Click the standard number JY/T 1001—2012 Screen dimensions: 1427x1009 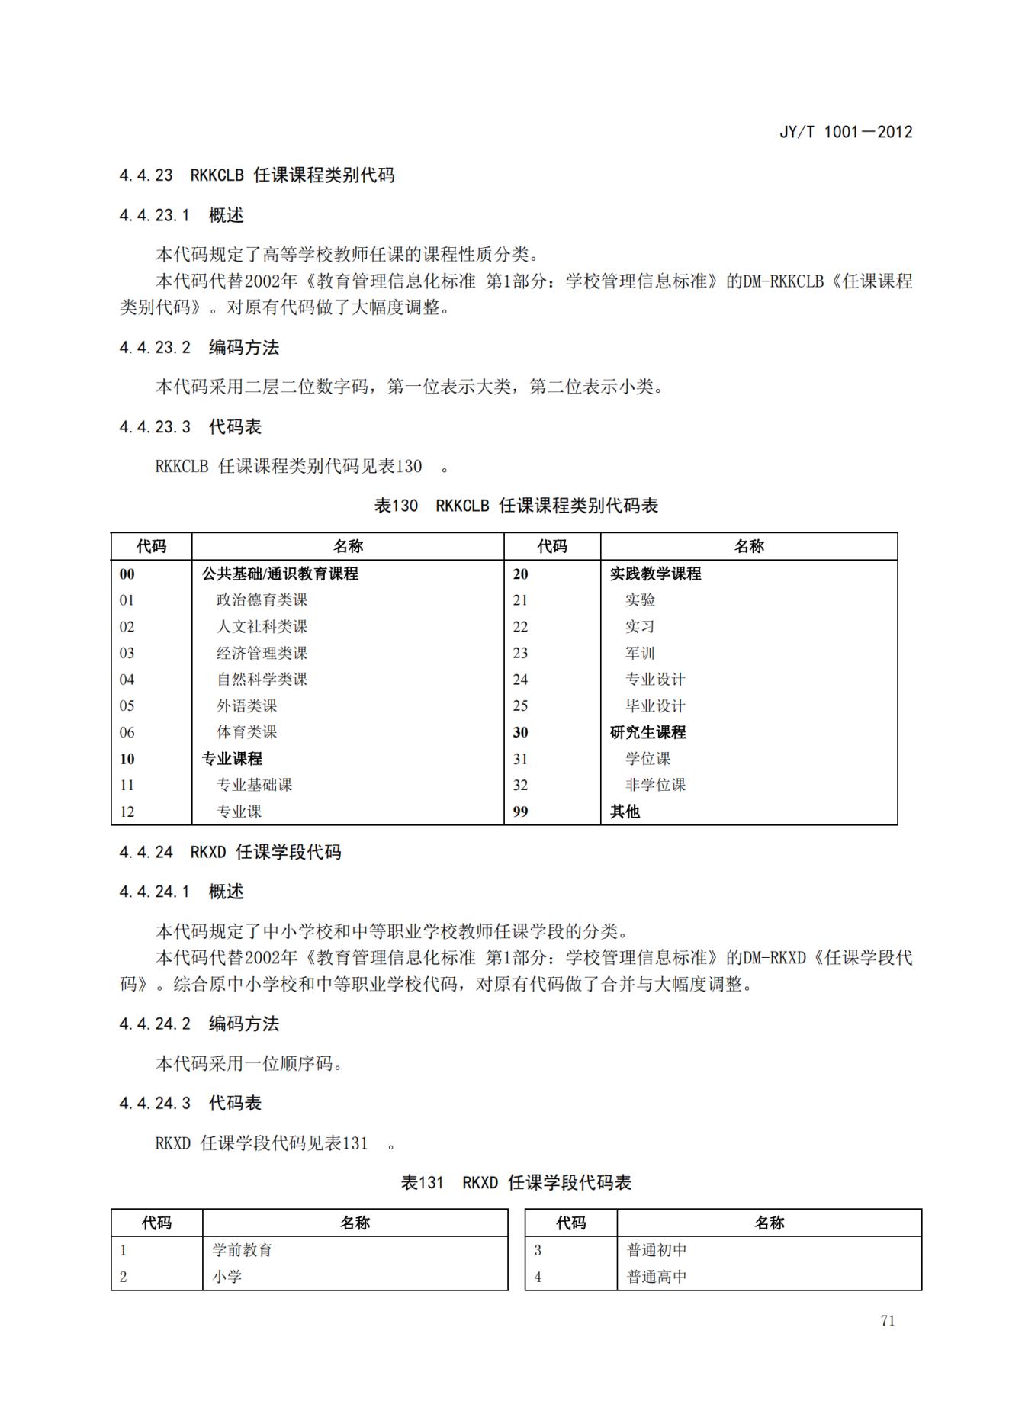[x=845, y=132]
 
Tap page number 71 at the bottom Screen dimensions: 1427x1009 [x=887, y=1321]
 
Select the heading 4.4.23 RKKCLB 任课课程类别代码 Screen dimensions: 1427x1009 [x=256, y=175]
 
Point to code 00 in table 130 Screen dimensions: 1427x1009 [x=127, y=574]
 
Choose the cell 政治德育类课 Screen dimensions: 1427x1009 [x=262, y=600]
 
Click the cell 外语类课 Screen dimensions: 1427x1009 [x=246, y=705]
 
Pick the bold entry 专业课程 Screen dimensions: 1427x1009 [x=232, y=759]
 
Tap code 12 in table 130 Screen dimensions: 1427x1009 [x=127, y=812]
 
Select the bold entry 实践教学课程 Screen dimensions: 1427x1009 [x=655, y=574]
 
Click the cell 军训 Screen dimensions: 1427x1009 [x=640, y=653]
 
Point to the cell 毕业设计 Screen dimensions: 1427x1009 [x=655, y=705]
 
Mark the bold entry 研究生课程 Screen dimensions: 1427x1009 [x=647, y=732]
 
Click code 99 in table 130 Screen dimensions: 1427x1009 [x=520, y=812]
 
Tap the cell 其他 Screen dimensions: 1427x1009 [x=625, y=812]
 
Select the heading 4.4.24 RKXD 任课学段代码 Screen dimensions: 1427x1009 [x=230, y=852]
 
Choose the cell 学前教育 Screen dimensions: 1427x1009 [x=242, y=1250]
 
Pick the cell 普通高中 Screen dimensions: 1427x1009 [x=657, y=1277]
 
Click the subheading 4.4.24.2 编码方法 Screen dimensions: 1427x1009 [x=199, y=1024]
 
